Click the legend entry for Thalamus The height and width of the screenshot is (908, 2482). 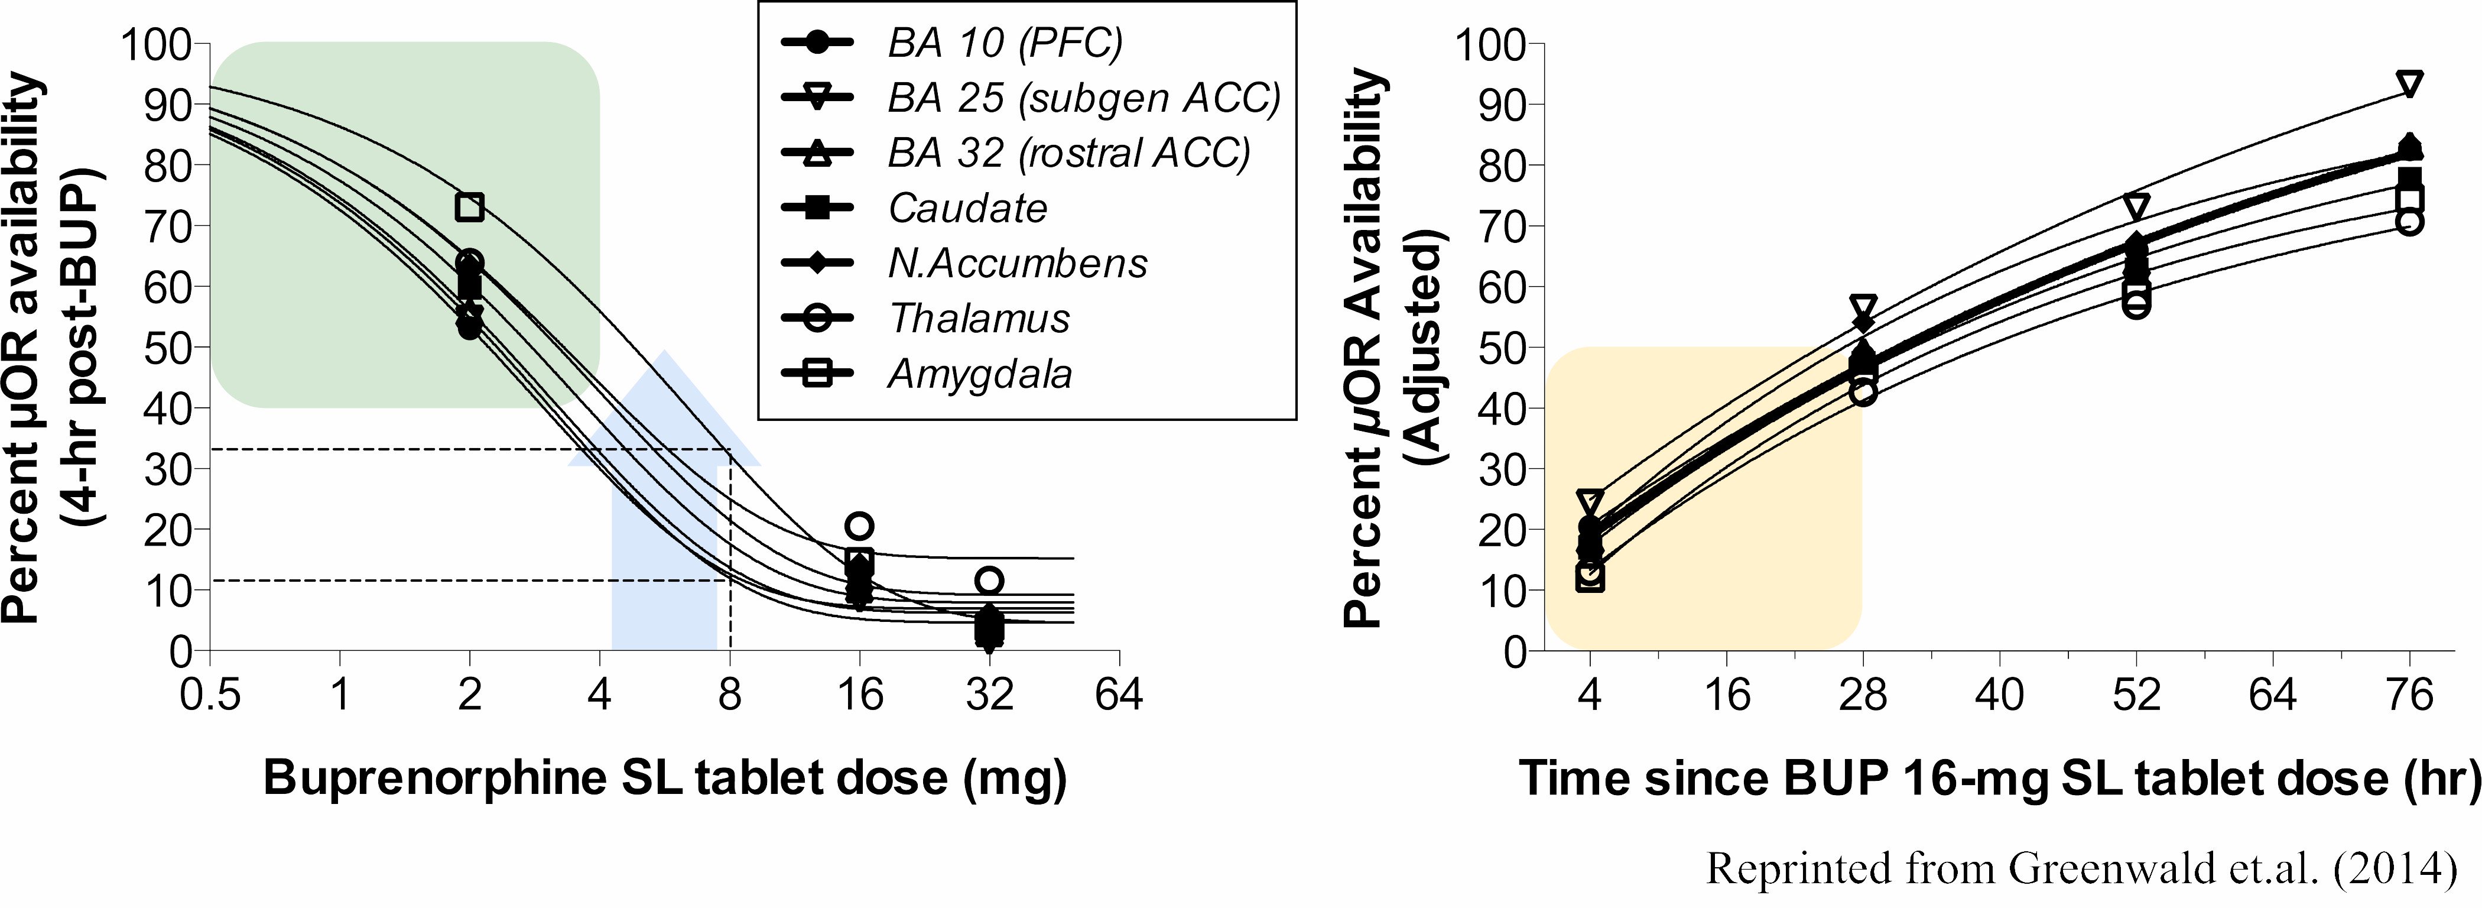978,318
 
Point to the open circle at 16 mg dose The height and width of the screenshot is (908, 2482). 859,526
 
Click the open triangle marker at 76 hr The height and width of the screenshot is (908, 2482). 2410,84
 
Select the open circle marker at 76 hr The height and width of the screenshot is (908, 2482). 2410,222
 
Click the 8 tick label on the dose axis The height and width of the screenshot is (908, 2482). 729,694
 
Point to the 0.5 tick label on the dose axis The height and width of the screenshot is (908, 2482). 210,694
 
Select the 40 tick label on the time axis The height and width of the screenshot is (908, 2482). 1999,694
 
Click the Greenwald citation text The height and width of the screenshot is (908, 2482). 2081,868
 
